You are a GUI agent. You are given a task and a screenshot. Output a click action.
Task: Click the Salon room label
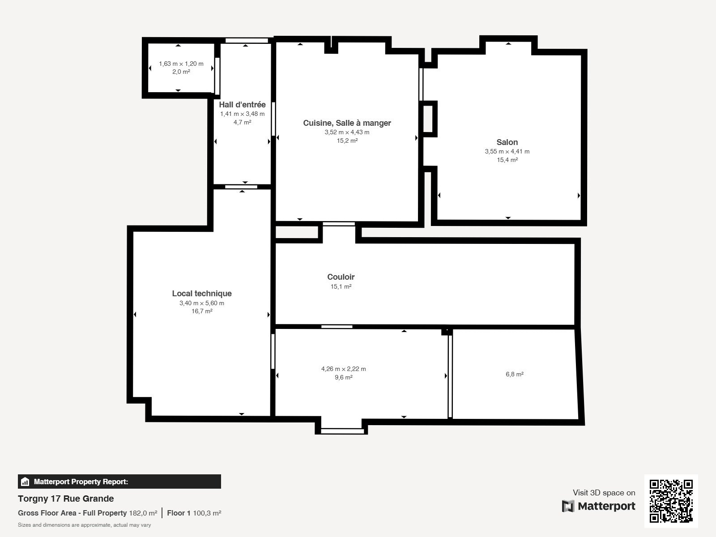click(507, 142)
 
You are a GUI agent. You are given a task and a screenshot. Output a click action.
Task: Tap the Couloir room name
click(341, 277)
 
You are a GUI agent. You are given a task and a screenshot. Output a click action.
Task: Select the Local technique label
click(202, 294)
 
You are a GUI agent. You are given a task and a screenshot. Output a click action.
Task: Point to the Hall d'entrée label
click(242, 105)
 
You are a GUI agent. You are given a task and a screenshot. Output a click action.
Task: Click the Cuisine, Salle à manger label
click(347, 123)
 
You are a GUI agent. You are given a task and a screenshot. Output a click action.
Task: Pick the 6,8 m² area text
click(515, 374)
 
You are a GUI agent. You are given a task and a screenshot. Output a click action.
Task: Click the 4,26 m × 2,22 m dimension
click(344, 369)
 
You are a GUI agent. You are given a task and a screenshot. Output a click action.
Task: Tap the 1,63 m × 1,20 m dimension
click(181, 64)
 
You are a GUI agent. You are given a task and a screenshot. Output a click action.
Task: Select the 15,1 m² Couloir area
click(341, 286)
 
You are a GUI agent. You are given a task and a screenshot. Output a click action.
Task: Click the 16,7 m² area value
click(202, 311)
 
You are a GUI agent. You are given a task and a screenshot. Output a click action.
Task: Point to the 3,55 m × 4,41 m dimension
click(507, 151)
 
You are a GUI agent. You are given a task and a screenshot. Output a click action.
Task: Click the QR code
click(671, 501)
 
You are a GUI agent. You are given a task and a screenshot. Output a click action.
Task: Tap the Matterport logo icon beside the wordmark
click(568, 506)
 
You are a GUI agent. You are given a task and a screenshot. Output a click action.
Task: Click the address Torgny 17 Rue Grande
click(66, 499)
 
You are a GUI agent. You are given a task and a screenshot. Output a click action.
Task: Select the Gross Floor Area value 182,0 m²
click(143, 513)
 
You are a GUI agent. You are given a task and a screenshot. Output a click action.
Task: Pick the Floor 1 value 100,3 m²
click(207, 513)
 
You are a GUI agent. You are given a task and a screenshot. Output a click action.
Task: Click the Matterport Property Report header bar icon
click(25, 482)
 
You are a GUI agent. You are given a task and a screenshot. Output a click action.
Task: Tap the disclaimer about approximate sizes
click(85, 525)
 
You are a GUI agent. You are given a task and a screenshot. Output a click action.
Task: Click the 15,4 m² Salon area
click(507, 160)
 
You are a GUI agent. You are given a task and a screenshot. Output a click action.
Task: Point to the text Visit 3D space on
click(604, 493)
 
